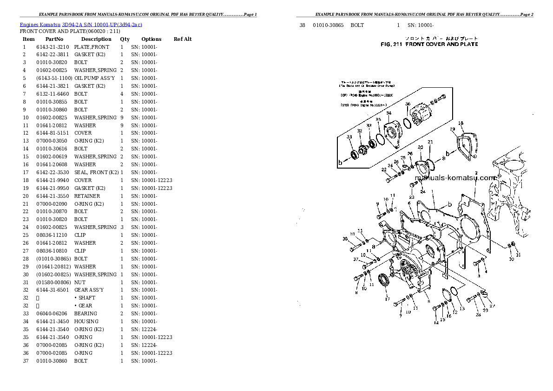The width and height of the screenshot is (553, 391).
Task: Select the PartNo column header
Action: point(54,39)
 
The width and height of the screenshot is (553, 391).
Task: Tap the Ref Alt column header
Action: point(183,39)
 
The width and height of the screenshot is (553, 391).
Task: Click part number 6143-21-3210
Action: point(53,47)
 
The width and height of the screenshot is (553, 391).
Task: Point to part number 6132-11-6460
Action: point(53,94)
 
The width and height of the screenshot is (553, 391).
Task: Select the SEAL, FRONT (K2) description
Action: point(96,172)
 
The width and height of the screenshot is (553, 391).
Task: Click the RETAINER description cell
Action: point(87,196)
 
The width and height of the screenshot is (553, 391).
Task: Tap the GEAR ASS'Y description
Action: point(89,290)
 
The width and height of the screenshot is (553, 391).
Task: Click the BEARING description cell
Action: point(86,313)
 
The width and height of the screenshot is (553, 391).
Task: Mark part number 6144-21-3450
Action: point(53,321)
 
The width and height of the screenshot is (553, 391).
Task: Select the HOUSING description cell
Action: point(86,321)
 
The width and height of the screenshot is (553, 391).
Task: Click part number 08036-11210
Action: point(53,235)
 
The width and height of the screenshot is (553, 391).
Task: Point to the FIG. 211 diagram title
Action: point(429,44)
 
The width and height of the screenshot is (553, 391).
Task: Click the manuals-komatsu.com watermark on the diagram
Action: point(455,177)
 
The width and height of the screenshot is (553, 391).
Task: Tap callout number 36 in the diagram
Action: point(408,104)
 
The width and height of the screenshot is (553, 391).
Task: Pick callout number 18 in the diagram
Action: point(461,123)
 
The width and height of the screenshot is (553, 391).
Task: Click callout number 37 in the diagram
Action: point(355,259)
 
